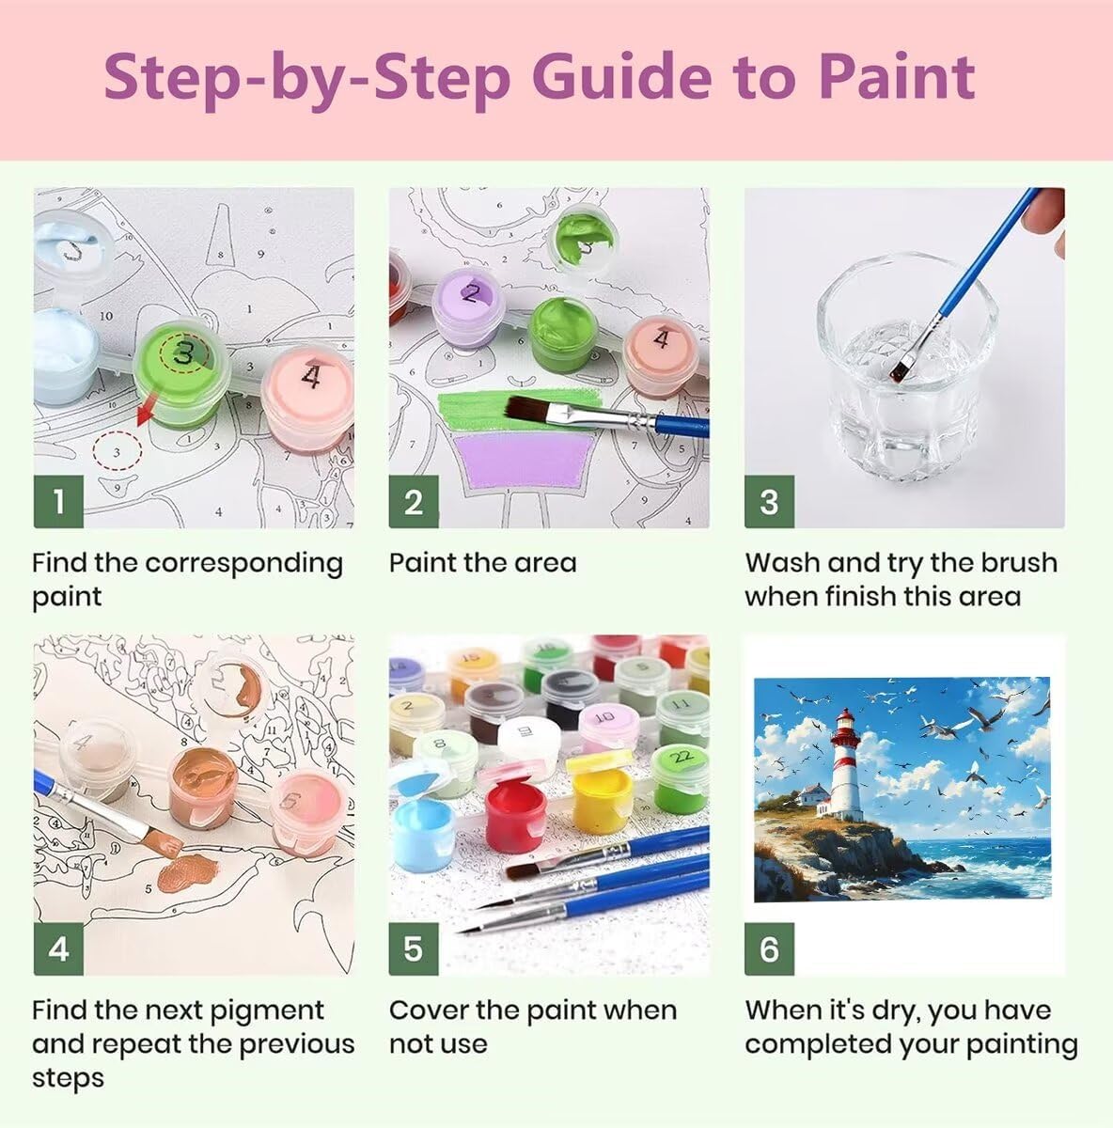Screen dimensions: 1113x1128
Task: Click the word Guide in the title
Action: (621, 77)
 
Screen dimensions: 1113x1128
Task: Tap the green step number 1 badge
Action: (58, 501)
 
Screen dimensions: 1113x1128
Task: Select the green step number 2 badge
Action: (414, 501)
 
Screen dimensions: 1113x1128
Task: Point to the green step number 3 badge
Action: (769, 501)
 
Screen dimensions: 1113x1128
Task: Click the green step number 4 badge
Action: (58, 948)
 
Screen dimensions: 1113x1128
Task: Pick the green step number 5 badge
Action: (414, 948)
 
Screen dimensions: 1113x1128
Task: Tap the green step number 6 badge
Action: (769, 948)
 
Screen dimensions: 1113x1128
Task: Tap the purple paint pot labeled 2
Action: (469, 306)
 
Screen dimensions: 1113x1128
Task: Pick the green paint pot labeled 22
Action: (681, 779)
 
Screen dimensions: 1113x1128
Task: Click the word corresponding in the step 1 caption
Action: (243, 564)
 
